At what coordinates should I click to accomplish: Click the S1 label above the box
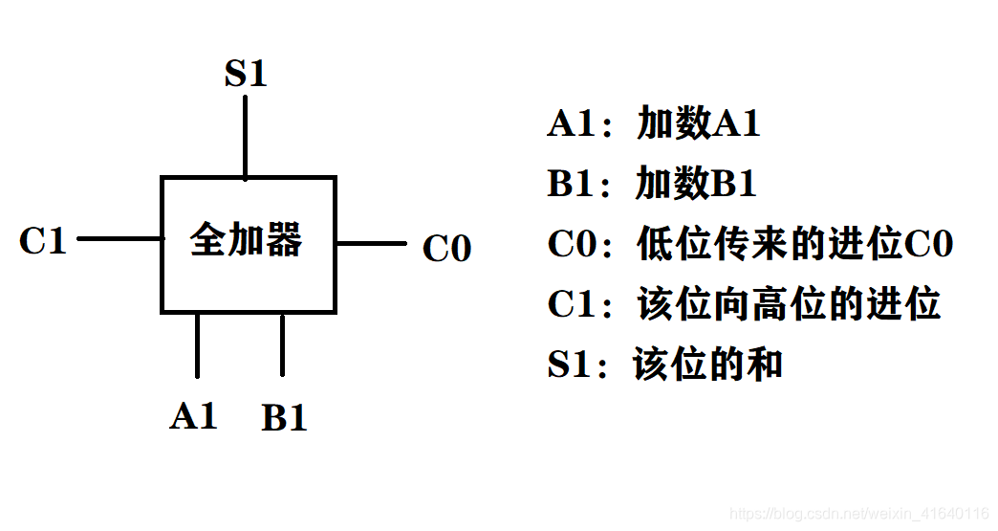click(245, 75)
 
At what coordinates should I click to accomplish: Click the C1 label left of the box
click(43, 241)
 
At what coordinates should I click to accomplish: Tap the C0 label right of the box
click(446, 249)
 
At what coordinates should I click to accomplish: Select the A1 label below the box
click(194, 416)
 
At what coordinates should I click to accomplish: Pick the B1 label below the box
click(284, 418)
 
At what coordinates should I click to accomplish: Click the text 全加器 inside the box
click(247, 240)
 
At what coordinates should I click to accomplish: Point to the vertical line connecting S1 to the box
click(246, 137)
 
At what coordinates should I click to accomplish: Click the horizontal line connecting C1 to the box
click(119, 238)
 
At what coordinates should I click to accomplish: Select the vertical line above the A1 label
click(198, 344)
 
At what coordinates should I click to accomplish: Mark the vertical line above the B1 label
click(282, 344)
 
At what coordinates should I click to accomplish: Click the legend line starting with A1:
click(654, 124)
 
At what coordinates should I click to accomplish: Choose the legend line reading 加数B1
click(696, 184)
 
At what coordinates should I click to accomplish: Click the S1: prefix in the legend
click(577, 365)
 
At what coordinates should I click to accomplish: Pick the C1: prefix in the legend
click(577, 304)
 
